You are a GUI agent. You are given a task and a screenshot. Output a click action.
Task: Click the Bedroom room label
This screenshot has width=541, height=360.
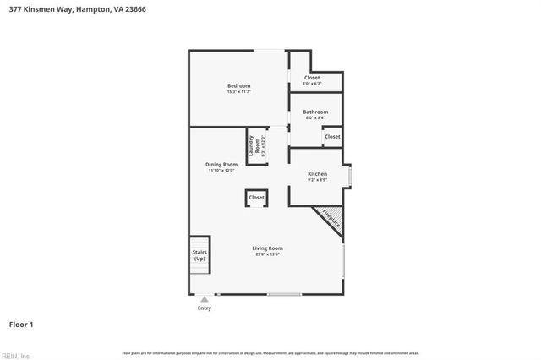click(238, 85)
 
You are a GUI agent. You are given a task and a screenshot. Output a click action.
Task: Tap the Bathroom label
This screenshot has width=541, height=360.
click(316, 112)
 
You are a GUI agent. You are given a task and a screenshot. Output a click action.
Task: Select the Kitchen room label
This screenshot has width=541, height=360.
click(317, 174)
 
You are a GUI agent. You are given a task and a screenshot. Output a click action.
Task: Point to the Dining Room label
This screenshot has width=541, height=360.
click(221, 164)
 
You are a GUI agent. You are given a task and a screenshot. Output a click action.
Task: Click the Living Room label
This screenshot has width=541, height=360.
click(267, 248)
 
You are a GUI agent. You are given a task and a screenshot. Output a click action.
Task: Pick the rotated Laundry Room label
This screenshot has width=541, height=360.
click(252, 146)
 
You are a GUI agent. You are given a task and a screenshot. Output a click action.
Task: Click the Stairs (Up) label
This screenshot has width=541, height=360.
click(200, 254)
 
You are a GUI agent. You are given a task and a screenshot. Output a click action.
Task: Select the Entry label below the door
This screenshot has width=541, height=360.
click(205, 308)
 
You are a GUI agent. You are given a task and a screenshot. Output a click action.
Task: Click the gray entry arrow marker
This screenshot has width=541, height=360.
click(204, 298)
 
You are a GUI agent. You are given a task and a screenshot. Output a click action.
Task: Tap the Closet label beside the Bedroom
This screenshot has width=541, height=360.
click(312, 78)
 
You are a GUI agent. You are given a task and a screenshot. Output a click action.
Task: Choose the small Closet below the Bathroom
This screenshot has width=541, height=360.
click(332, 137)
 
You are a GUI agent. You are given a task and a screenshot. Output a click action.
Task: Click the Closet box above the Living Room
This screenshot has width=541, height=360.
click(256, 198)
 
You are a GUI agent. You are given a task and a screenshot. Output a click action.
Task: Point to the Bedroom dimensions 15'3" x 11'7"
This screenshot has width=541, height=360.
click(238, 91)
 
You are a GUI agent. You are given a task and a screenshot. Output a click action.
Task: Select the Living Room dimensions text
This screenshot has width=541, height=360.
click(267, 254)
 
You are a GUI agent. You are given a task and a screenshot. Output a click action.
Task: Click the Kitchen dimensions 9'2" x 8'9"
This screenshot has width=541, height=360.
click(317, 180)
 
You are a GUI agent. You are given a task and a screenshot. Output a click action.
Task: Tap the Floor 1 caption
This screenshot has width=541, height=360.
click(21, 325)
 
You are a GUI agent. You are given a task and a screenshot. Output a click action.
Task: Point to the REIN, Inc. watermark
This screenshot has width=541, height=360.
click(15, 355)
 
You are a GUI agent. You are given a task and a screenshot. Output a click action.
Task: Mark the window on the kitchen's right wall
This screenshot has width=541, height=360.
click(350, 175)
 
